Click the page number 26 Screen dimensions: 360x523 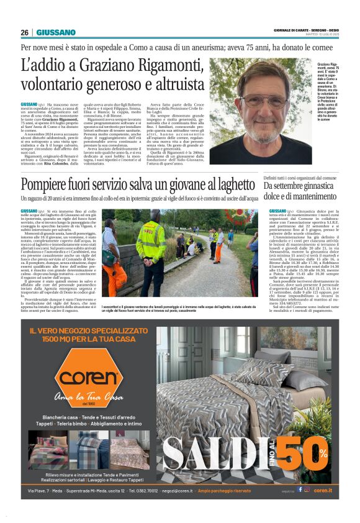pyautogui.click(x=25, y=32)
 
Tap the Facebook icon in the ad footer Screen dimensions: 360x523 pyautogui.click(x=300, y=489)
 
